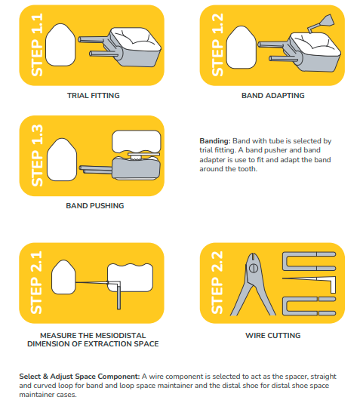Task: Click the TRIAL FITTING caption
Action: tap(94, 96)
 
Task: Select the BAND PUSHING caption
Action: tap(94, 205)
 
